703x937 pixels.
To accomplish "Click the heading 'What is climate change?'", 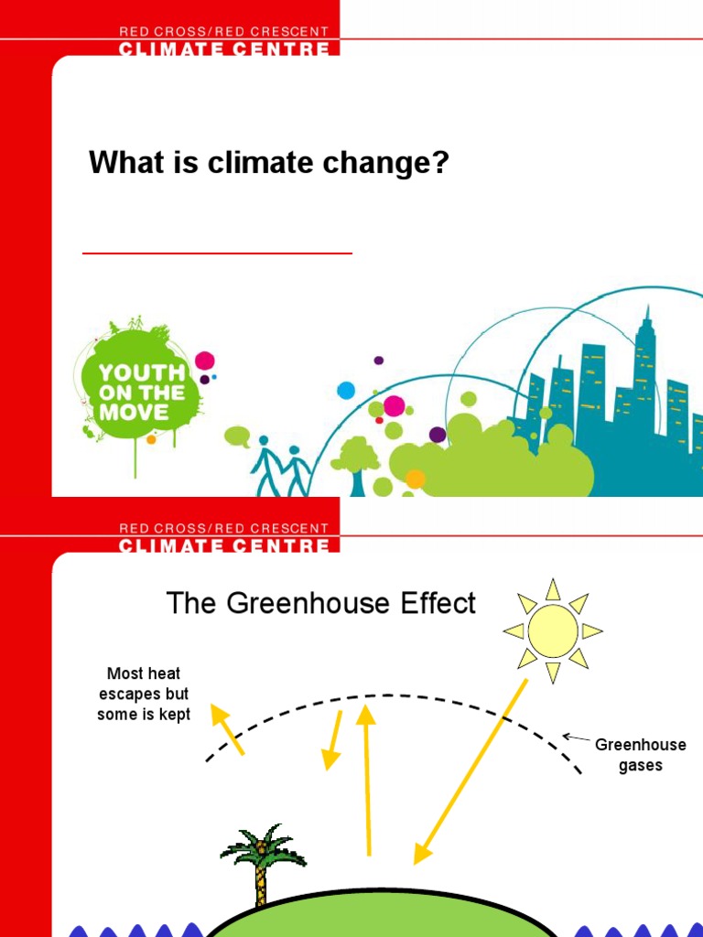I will tap(268, 165).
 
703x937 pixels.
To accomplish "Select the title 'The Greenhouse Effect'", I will tap(320, 604).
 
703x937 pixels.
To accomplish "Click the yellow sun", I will tap(553, 631).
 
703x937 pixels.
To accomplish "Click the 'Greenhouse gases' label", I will tap(640, 755).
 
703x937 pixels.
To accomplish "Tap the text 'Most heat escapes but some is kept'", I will tap(144, 695).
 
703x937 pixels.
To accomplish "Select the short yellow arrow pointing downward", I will tap(333, 739).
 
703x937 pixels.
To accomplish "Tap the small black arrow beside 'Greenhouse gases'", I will tap(576, 738).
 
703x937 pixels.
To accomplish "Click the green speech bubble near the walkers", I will tap(237, 436).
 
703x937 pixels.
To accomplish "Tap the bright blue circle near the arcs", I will tap(346, 391).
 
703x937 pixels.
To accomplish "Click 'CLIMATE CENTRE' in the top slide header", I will tap(224, 48).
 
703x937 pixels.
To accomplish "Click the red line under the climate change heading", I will tap(217, 253).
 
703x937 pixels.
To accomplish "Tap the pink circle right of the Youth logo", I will tap(205, 361).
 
